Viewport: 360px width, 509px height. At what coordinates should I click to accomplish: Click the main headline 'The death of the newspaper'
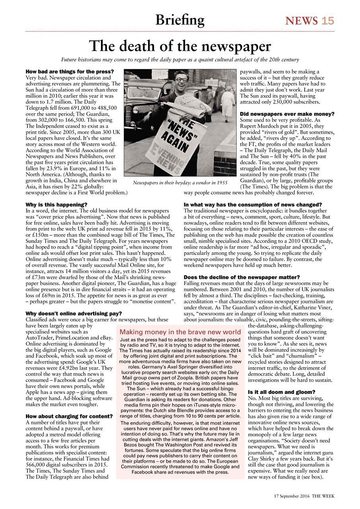point(180,47)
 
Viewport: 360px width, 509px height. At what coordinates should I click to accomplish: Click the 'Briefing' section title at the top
point(180,19)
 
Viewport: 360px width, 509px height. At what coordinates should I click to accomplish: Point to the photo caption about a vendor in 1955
point(180,183)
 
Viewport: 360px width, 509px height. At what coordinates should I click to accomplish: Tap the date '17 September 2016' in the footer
point(292,496)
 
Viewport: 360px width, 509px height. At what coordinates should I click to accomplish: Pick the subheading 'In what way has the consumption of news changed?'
point(253,205)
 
